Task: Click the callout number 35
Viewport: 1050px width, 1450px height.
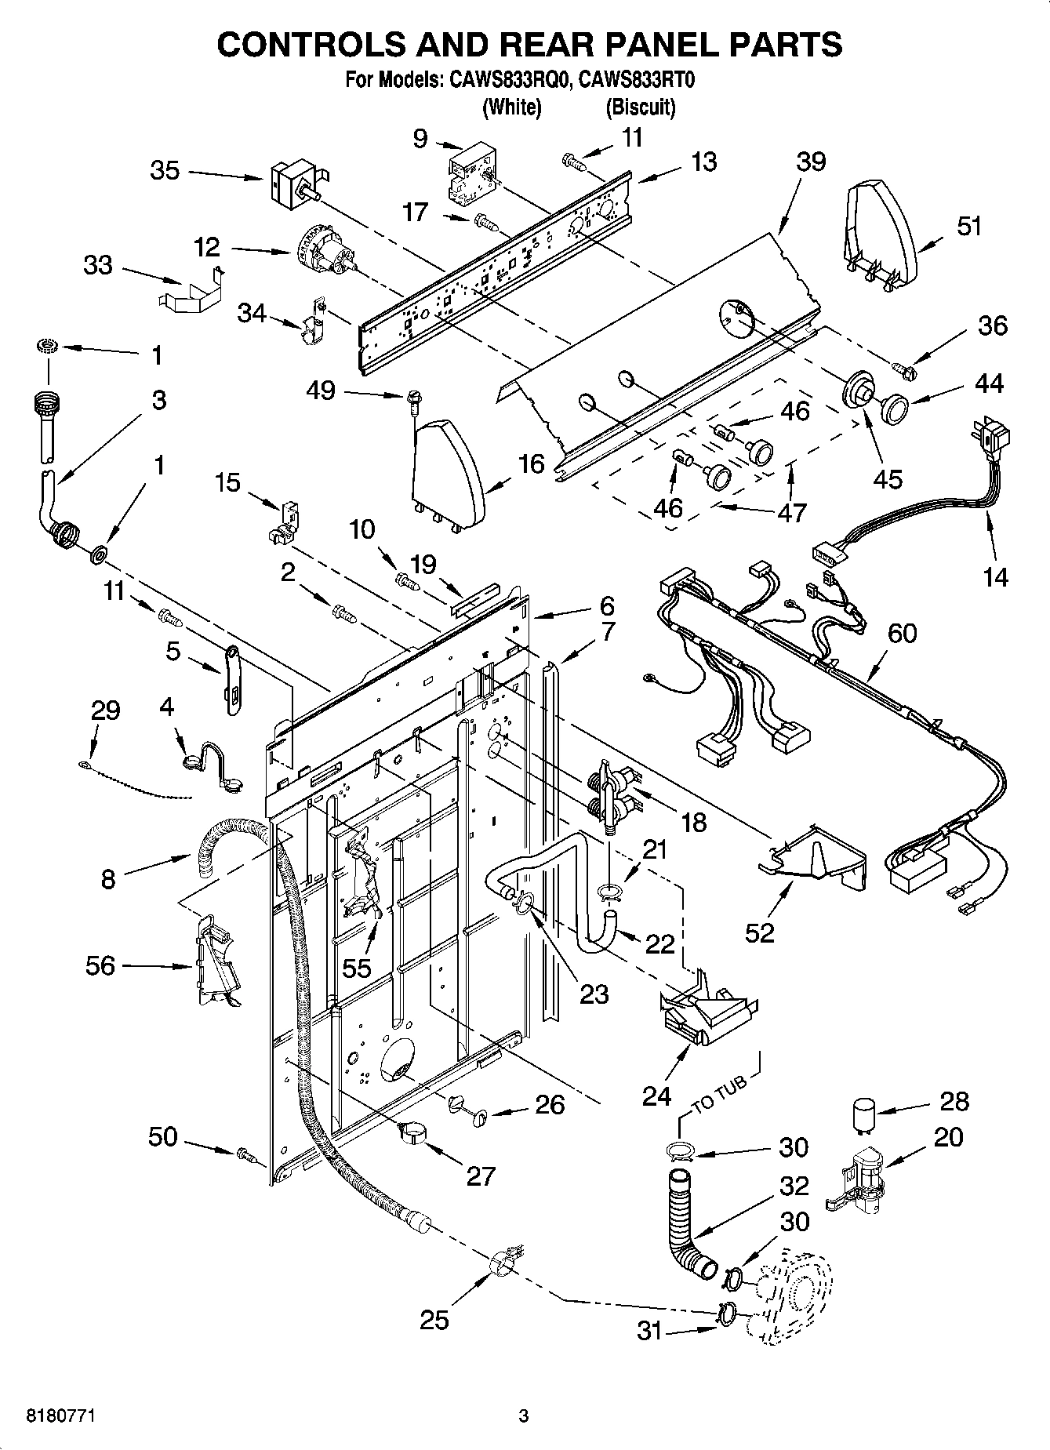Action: (x=165, y=170)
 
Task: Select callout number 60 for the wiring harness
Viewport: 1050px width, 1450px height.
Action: (x=902, y=633)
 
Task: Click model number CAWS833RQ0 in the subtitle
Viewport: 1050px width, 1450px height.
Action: (x=503, y=81)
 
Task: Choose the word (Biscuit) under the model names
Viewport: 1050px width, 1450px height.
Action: (x=640, y=107)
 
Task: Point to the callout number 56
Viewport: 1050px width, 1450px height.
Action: (x=100, y=966)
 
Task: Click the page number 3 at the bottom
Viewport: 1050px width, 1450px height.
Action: (x=524, y=1416)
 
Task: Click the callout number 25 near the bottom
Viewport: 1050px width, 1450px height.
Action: (x=434, y=1321)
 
